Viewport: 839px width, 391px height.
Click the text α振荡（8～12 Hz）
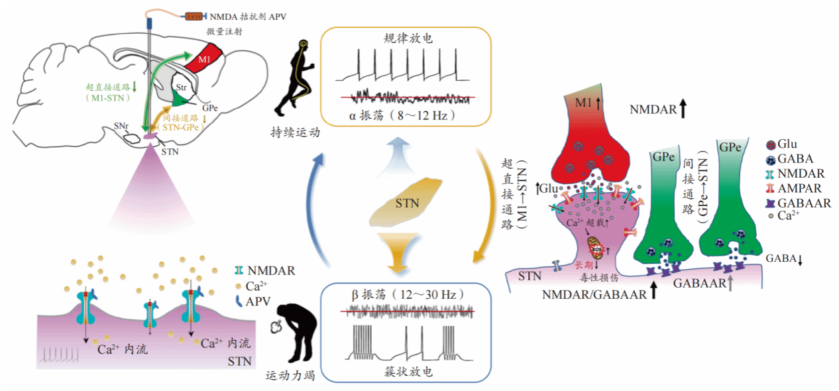[406, 116]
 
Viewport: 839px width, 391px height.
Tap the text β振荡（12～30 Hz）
[406, 294]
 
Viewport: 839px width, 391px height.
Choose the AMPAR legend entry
[797, 189]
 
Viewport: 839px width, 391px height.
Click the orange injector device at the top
[195, 15]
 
